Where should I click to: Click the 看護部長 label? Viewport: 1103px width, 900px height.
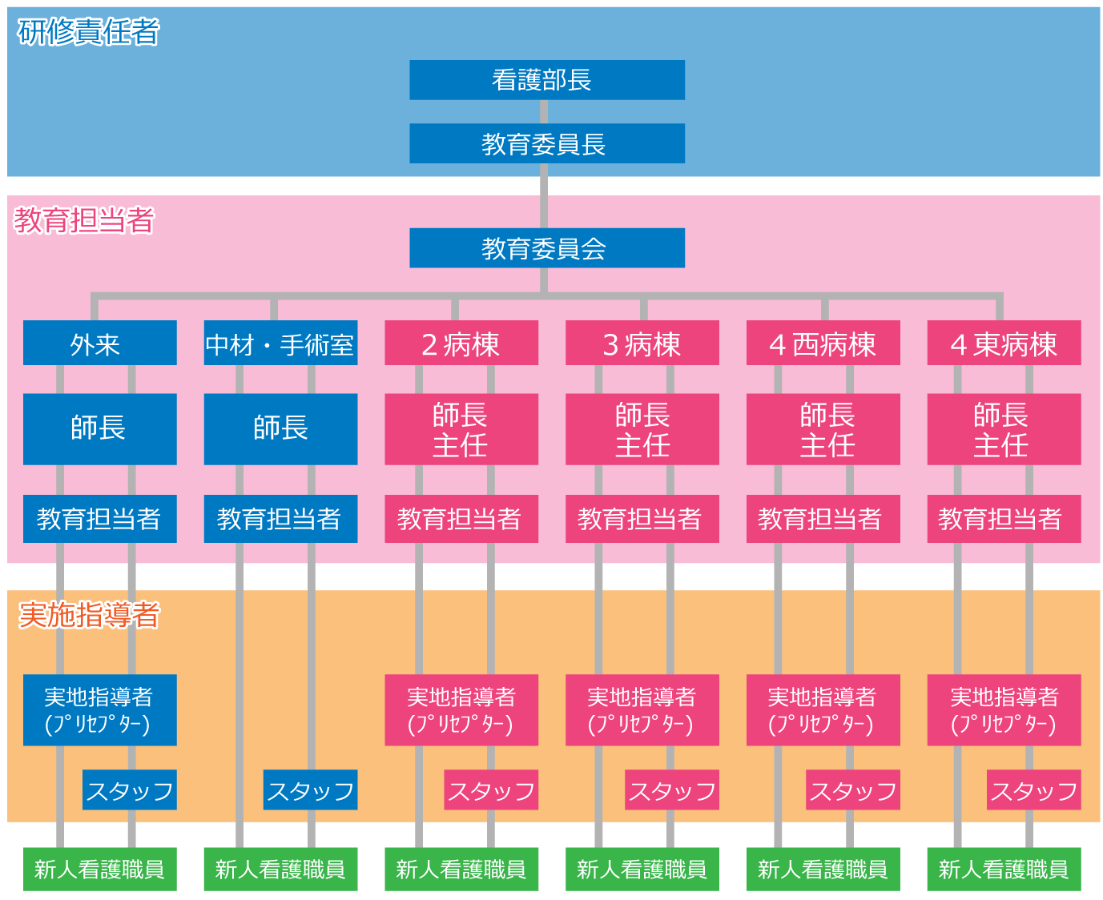[x=541, y=80]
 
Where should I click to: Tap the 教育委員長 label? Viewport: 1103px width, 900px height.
[x=543, y=145]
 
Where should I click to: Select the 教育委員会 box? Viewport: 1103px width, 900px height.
[x=546, y=248]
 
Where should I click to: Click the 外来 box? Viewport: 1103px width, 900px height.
[x=99, y=344]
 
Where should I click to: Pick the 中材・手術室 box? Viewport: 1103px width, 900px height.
[x=280, y=344]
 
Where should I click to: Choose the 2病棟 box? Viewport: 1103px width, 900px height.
[x=461, y=344]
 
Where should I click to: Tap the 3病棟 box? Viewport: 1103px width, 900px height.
[x=642, y=344]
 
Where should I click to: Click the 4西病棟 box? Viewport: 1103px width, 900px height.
[x=823, y=344]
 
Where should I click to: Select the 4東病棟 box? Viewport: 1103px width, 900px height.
[x=1004, y=344]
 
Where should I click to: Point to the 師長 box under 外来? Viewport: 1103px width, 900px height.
[x=99, y=428]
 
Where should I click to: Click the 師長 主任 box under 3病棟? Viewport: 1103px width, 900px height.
[x=642, y=429]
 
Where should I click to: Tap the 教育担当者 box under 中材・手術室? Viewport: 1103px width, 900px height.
[x=280, y=519]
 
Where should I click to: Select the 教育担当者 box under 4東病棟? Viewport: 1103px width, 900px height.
[x=1004, y=519]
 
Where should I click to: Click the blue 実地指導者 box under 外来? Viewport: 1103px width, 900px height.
[x=99, y=710]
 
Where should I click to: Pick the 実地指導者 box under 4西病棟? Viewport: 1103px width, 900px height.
[x=823, y=710]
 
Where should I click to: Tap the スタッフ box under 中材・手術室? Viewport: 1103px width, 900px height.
[x=310, y=790]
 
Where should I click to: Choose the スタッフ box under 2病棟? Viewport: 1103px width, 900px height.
[x=491, y=790]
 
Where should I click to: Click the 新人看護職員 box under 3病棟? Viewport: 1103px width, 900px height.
[x=642, y=869]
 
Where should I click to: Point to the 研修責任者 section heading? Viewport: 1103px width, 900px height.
[x=88, y=32]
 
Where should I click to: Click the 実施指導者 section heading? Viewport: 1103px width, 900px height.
[x=89, y=615]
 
